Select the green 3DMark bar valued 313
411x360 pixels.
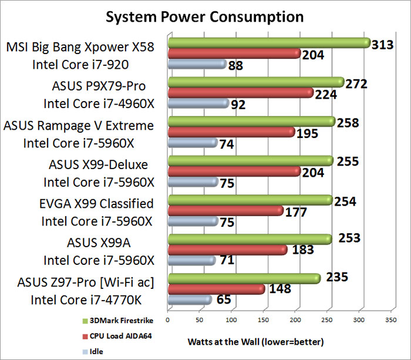click(x=268, y=43)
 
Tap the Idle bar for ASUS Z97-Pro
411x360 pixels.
click(x=189, y=300)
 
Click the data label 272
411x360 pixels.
click(x=356, y=83)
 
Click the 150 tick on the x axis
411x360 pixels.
click(x=264, y=321)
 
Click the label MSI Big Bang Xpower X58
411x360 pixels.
click(x=81, y=46)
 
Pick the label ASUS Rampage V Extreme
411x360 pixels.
click(x=79, y=125)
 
